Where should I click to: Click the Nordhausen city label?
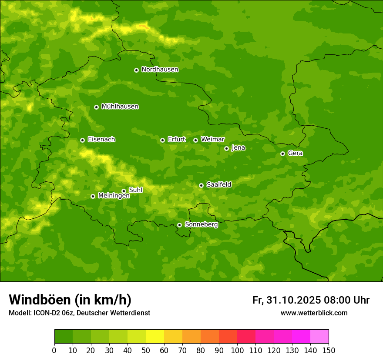pos(160,70)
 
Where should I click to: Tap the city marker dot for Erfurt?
pos(162,140)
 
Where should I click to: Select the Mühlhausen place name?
pos(120,107)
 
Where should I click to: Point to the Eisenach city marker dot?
pos(82,140)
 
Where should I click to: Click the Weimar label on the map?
pos(212,140)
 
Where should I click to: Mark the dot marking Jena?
pos(226,148)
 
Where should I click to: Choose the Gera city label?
pos(295,153)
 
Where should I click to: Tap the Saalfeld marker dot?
pos(201,185)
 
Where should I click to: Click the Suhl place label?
pos(135,190)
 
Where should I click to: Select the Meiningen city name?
pos(114,196)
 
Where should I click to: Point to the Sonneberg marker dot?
pos(179,225)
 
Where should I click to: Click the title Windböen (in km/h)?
pos(70,300)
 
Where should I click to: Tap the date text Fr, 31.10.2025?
pos(286,300)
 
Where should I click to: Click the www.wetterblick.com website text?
pos(314,313)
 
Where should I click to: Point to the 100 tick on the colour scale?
pos(237,350)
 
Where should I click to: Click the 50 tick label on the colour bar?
pos(146,350)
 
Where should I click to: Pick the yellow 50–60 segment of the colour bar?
pos(155,337)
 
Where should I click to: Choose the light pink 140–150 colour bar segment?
pos(319,337)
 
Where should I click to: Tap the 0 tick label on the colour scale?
pos(54,350)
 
